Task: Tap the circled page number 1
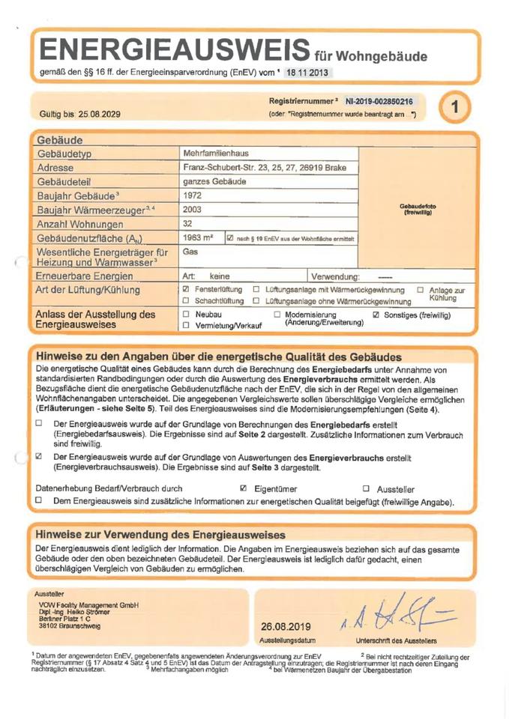(x=455, y=107)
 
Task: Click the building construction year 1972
(x=193, y=195)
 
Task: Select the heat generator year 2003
(x=193, y=210)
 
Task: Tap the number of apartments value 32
(x=187, y=223)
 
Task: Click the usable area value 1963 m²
(x=198, y=237)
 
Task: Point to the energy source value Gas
(x=190, y=252)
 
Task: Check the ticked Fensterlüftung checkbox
(x=186, y=289)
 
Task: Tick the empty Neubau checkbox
(x=186, y=315)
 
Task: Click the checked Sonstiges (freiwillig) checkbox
(x=376, y=315)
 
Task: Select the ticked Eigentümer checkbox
(x=244, y=488)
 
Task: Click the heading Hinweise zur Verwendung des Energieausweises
(x=156, y=535)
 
